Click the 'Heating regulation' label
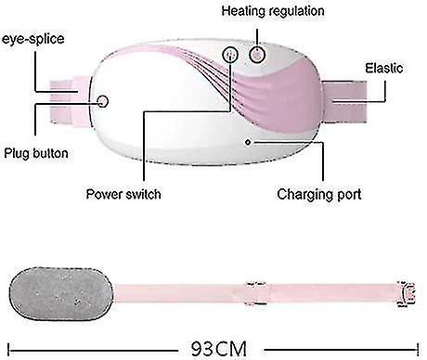pyautogui.click(x=273, y=11)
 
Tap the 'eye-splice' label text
pyautogui.click(x=33, y=39)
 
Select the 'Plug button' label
pyautogui.click(x=36, y=153)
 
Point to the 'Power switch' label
pyautogui.click(x=123, y=194)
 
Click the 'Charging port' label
pyautogui.click(x=319, y=195)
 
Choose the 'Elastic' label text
pyautogui.click(x=384, y=69)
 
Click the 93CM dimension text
pyautogui.click(x=219, y=349)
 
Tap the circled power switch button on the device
pyautogui.click(x=230, y=55)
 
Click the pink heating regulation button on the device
pyautogui.click(x=257, y=55)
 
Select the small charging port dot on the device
pyautogui.click(x=248, y=142)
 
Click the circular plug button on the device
pyautogui.click(x=102, y=101)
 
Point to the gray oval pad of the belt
pyautogui.click(x=61, y=293)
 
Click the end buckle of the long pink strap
pyautogui.click(x=407, y=294)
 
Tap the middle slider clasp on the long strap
pyautogui.click(x=255, y=293)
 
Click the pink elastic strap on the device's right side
pyautogui.click(x=344, y=101)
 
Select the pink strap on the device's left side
pyautogui.click(x=70, y=101)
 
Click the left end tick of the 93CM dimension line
pyautogui.click(x=8, y=350)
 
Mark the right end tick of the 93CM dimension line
pyautogui.click(x=418, y=350)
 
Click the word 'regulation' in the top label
pyautogui.click(x=299, y=12)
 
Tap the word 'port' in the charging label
pyautogui.click(x=349, y=196)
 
